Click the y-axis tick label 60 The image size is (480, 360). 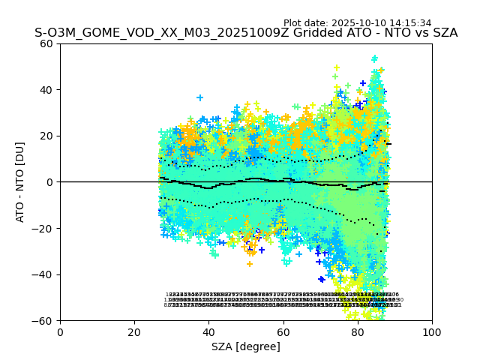point(47,43)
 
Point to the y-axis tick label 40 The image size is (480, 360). point(47,90)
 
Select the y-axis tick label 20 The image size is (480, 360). point(47,136)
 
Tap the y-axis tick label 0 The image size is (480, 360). point(50,182)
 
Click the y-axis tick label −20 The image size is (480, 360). point(44,229)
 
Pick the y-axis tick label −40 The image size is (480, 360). point(44,274)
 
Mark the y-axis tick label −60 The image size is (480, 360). point(44,321)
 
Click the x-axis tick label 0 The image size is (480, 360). point(60,332)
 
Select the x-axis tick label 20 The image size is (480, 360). point(134,332)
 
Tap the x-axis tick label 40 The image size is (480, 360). point(208,332)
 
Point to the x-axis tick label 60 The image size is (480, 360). point(283,332)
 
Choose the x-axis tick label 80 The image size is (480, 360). point(357,332)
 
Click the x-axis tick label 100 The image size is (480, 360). point(432,332)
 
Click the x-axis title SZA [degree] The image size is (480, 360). point(246,346)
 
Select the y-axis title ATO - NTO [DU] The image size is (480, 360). point(21,182)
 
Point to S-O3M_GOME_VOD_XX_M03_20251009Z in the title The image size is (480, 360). point(150,34)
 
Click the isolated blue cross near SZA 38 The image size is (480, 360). point(199,97)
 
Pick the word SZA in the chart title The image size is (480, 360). point(443,34)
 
